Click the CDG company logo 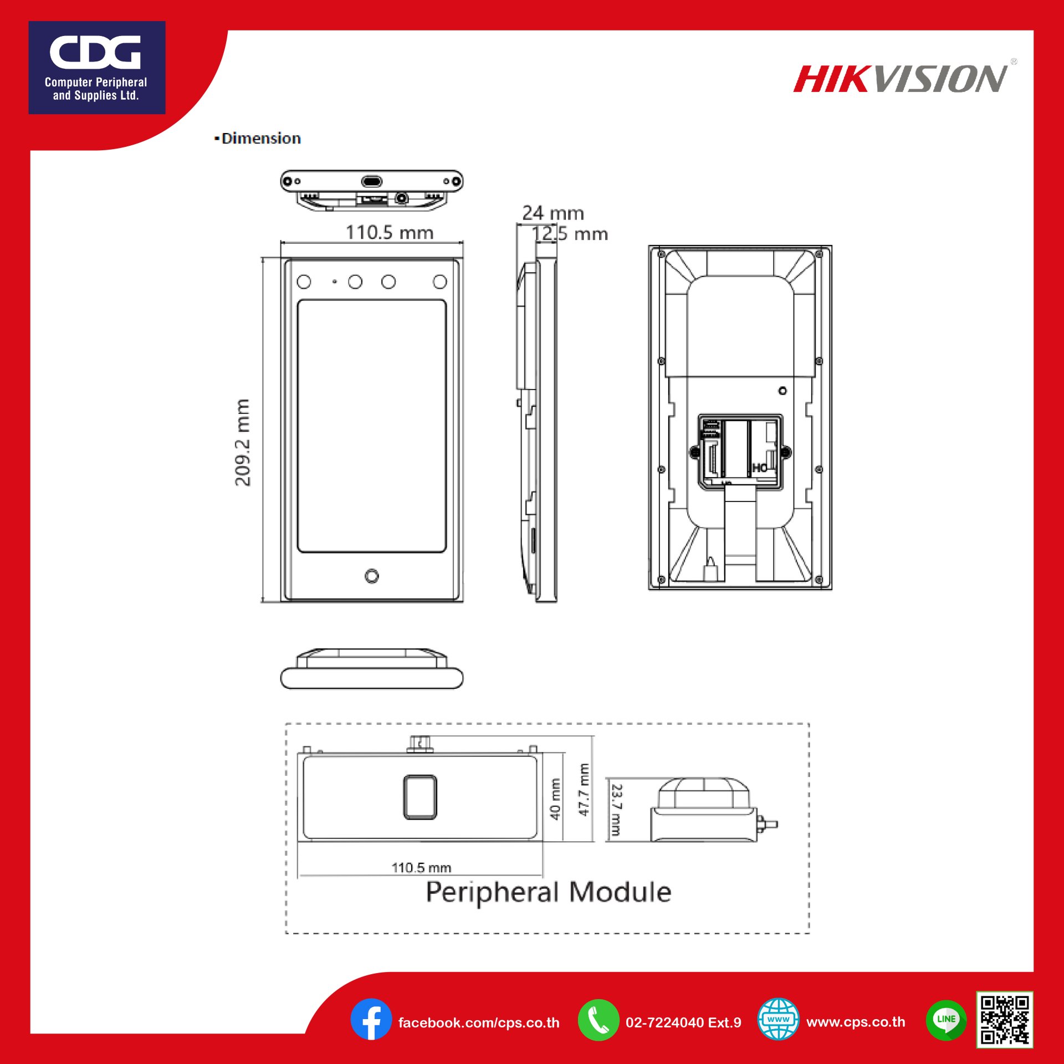[96, 68]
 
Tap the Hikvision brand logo [901, 79]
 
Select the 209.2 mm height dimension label [243, 442]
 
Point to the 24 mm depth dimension [553, 213]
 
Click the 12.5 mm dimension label [570, 234]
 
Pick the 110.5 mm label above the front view [389, 233]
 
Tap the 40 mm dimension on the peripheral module [555, 799]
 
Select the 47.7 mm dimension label [584, 789]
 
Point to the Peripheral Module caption [548, 892]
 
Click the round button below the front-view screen [372, 576]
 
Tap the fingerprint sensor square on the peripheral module [420, 797]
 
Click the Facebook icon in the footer [371, 1020]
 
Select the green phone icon [598, 1020]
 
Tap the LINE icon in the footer [946, 1020]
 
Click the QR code [1004, 1020]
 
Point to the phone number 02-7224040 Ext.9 [683, 1022]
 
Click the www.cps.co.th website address [856, 1022]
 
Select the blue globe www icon [778, 1020]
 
